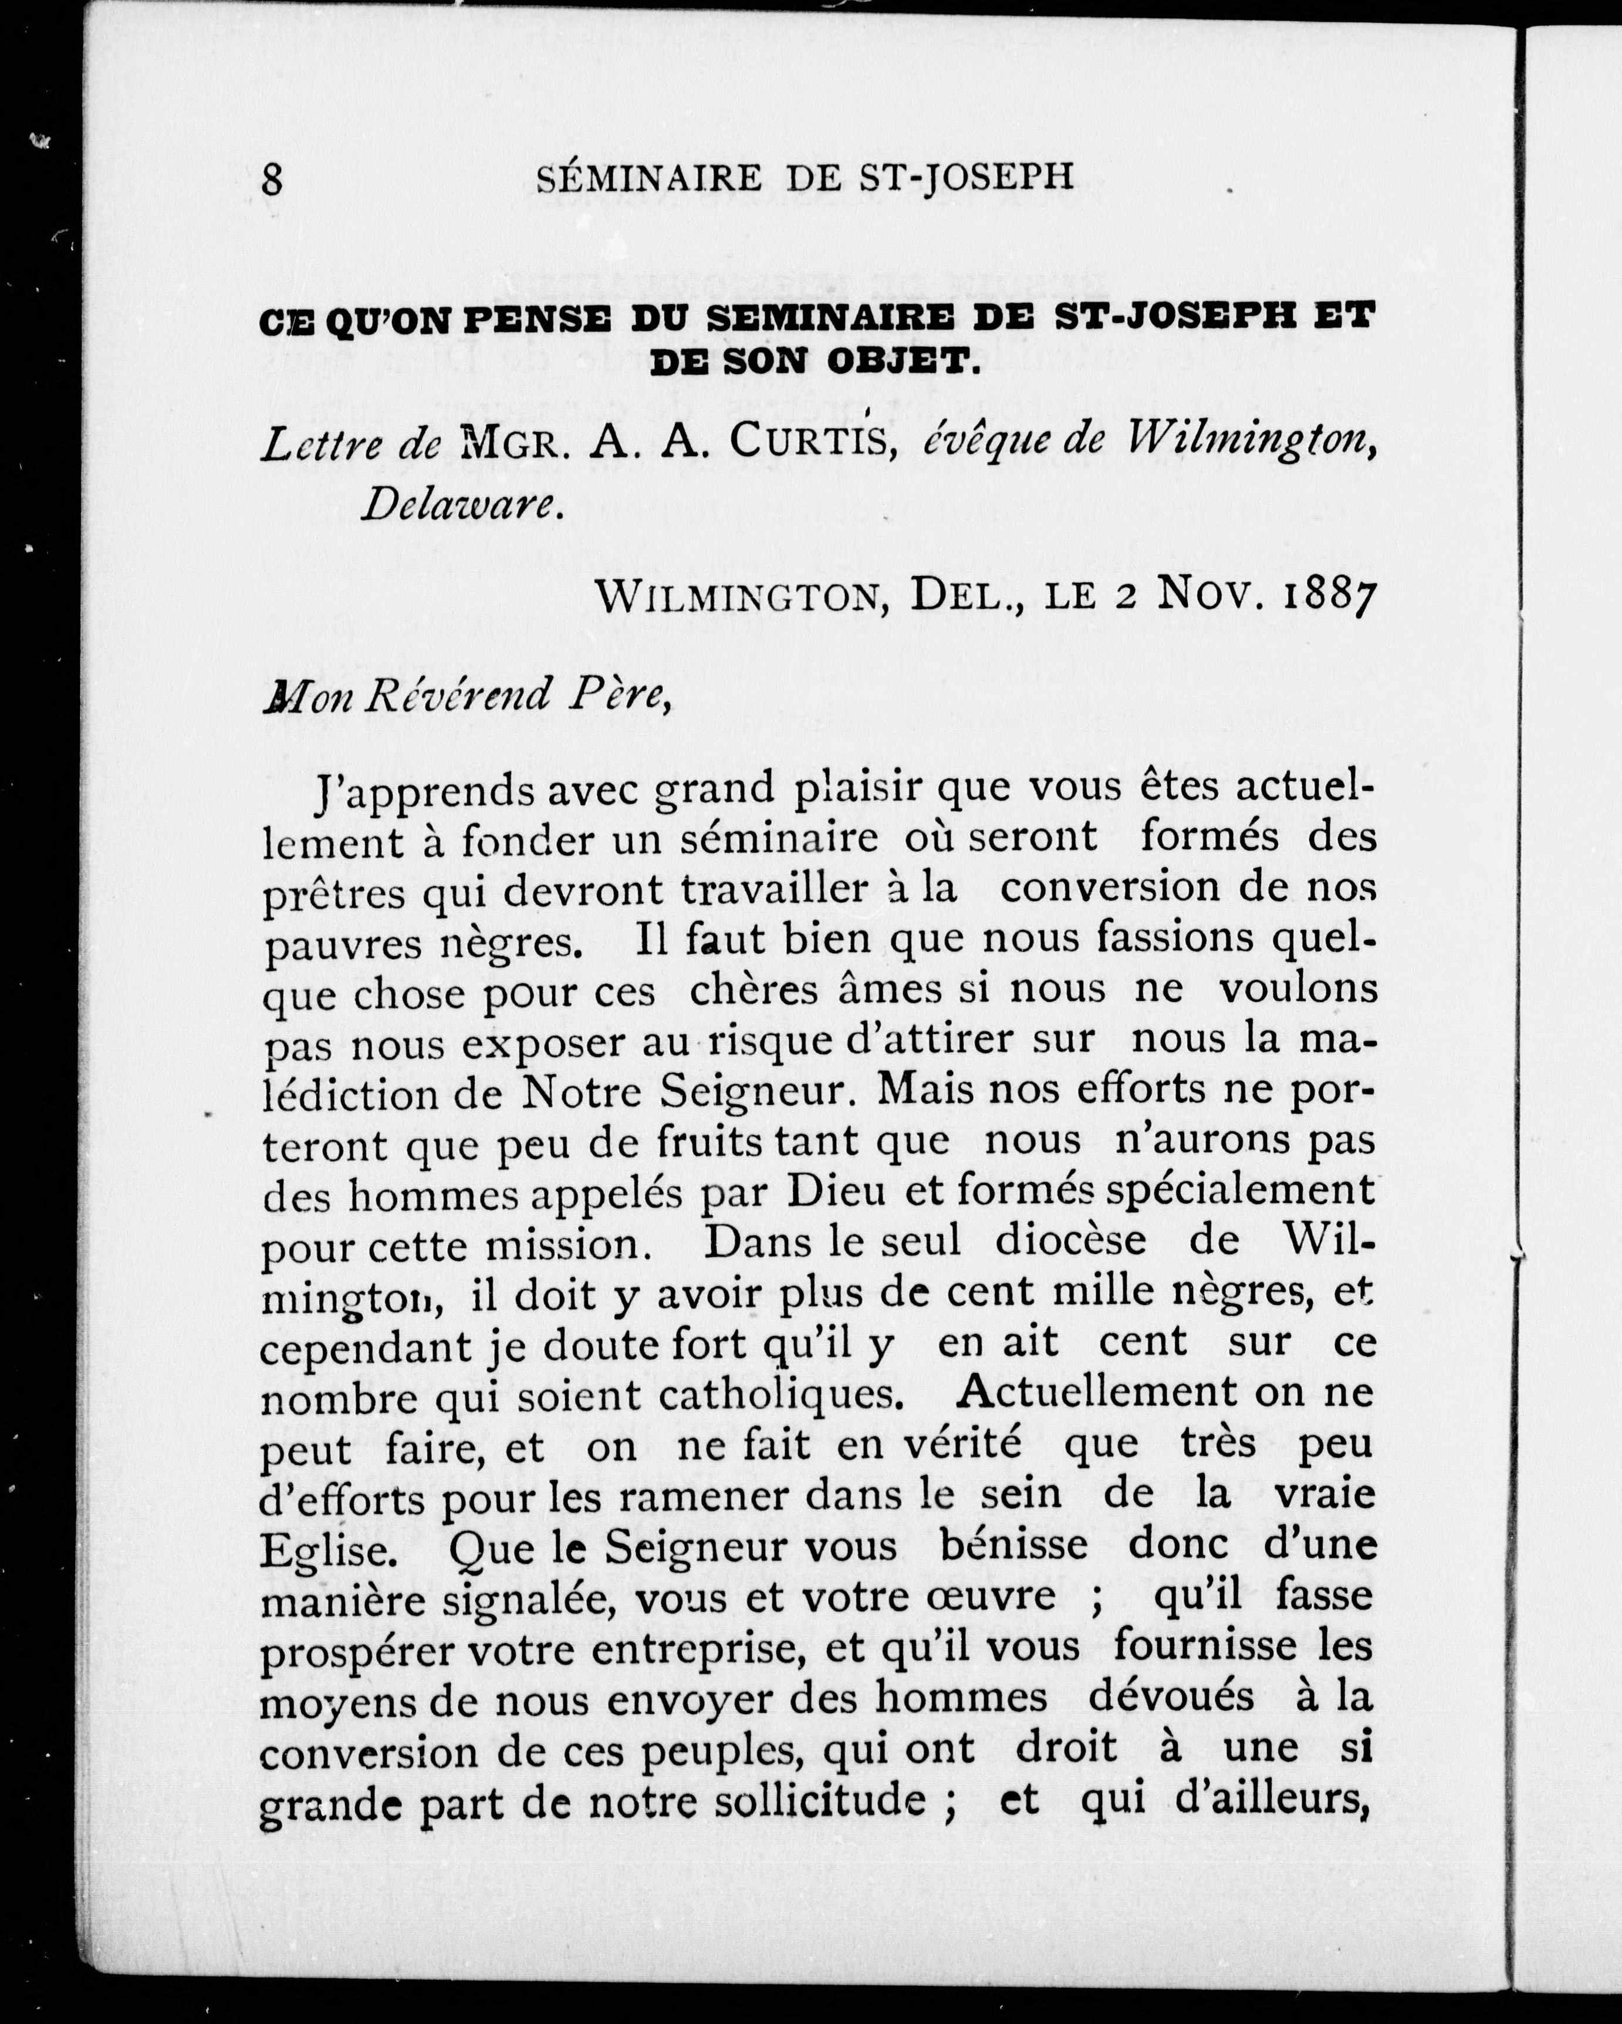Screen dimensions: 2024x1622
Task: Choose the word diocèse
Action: click(1070, 1242)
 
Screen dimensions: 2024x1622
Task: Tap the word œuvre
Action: click(1001, 1597)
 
